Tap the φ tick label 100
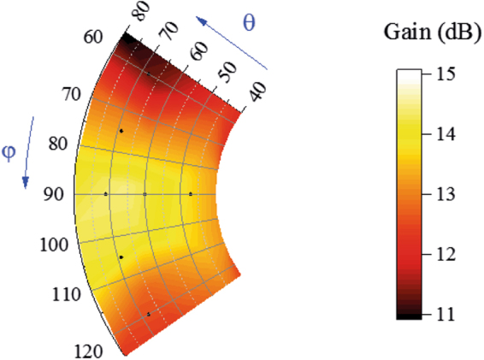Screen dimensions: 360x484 56,245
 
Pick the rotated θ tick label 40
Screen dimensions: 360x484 254,91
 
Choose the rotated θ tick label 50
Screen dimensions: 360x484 227,71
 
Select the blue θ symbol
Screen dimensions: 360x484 249,23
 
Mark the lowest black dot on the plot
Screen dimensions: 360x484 149,315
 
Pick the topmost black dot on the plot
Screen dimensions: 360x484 121,131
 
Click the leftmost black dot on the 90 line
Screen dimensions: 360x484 106,194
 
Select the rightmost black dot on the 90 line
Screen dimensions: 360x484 191,194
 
